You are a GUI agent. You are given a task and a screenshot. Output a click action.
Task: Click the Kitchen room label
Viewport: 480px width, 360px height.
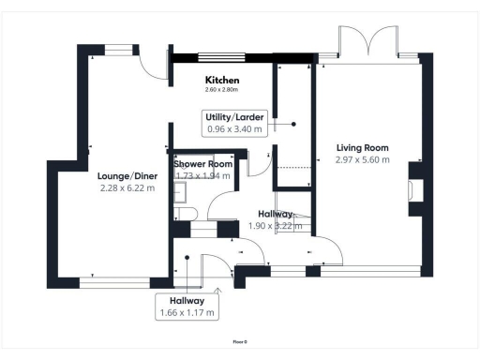click(x=223, y=81)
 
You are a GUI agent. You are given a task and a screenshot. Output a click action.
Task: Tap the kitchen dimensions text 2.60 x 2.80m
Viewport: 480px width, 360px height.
click(x=223, y=90)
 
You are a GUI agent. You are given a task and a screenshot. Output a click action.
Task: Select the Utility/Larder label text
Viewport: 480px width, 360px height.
click(x=234, y=116)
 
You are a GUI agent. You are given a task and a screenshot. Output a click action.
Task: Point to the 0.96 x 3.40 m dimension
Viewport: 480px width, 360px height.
click(x=234, y=129)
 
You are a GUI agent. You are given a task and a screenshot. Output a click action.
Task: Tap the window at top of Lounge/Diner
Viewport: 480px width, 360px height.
click(x=119, y=51)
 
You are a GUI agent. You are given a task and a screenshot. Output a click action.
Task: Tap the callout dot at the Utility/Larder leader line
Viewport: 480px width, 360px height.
click(x=293, y=123)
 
